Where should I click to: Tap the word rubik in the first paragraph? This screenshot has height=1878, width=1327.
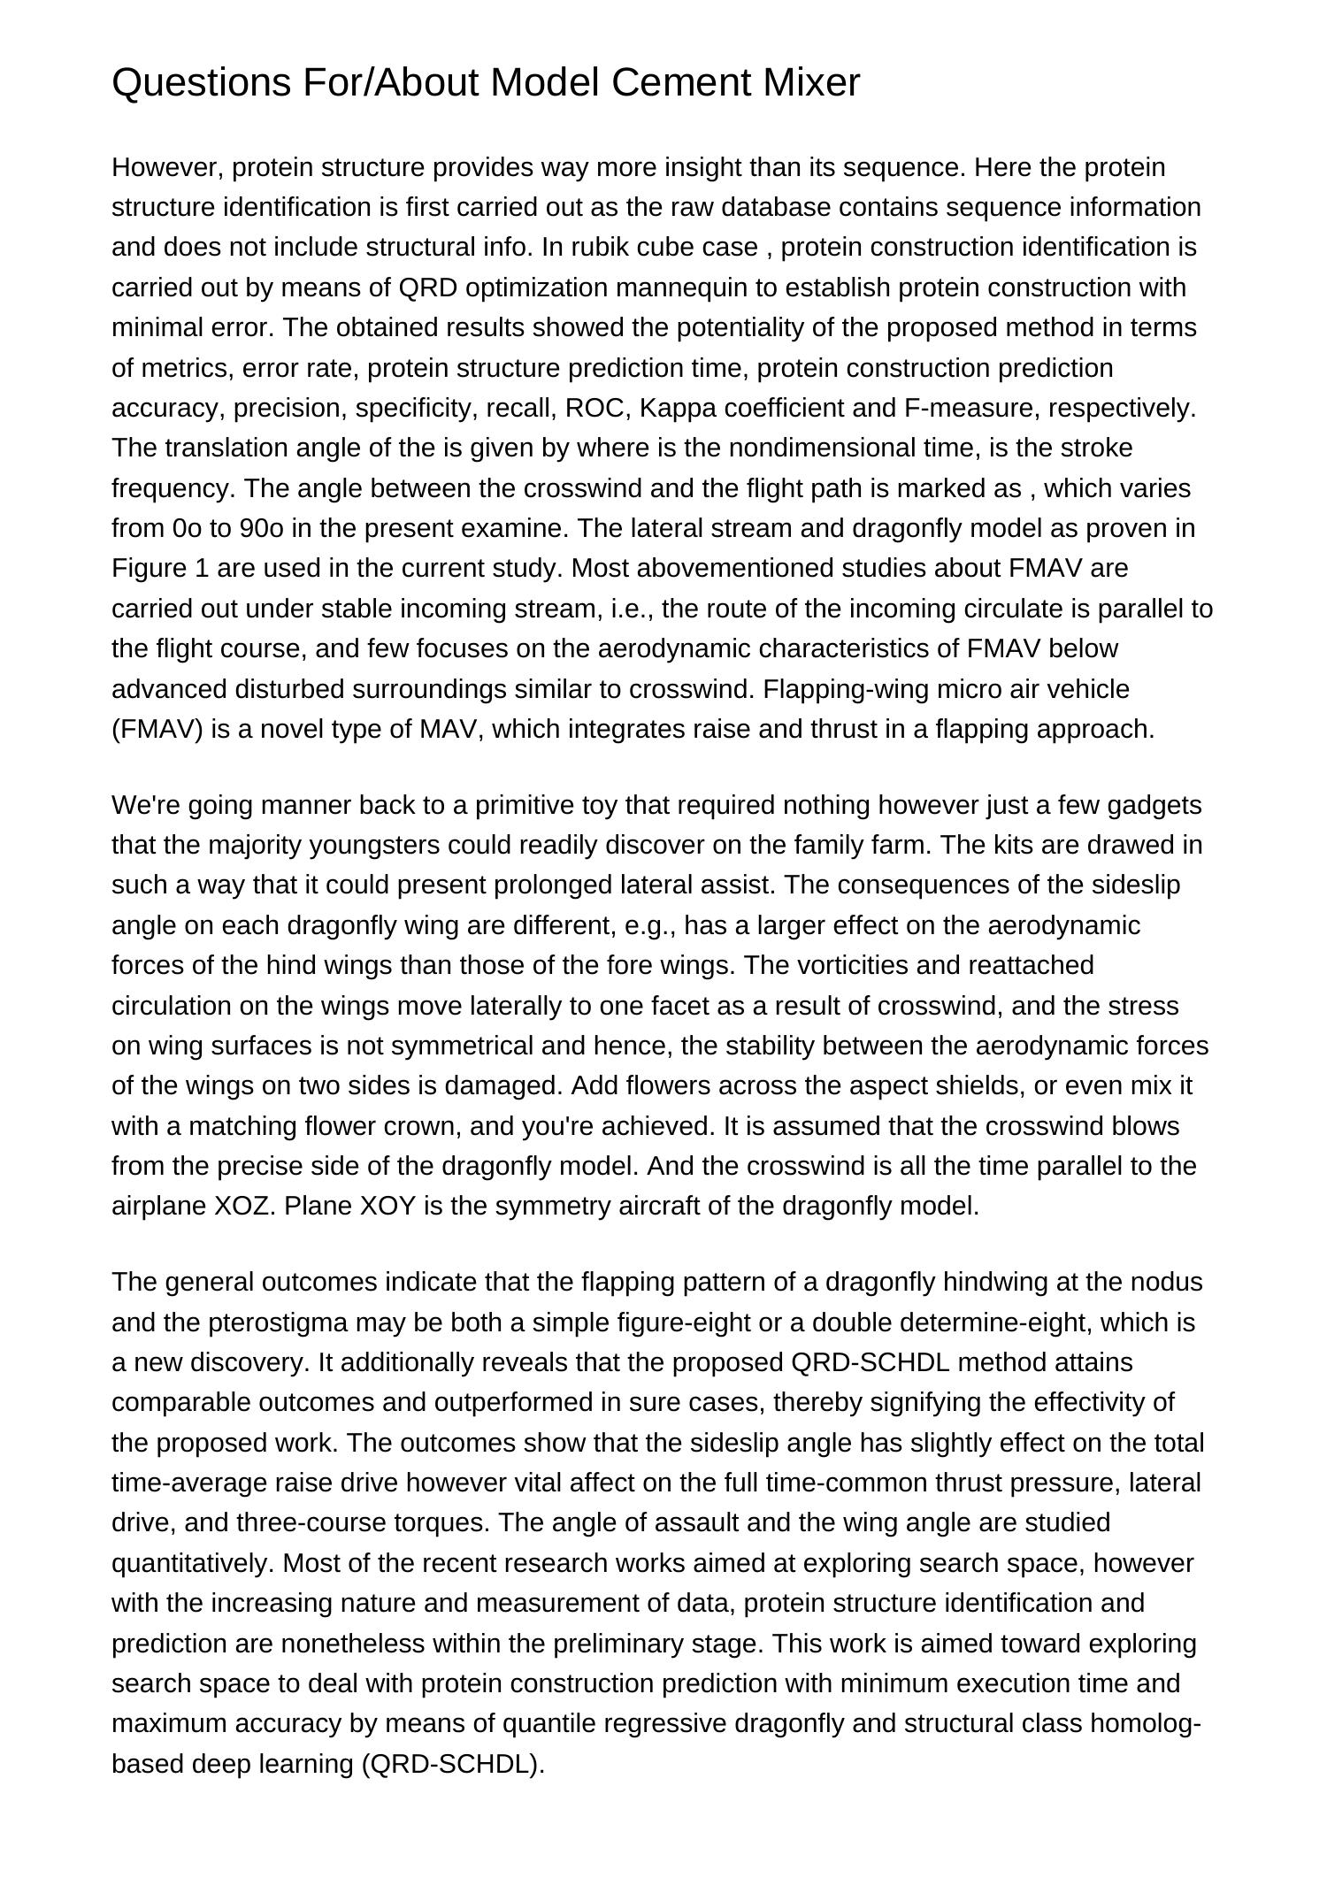[597, 247]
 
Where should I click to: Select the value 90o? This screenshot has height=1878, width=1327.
[259, 528]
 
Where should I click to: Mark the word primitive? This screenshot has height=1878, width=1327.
[522, 805]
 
